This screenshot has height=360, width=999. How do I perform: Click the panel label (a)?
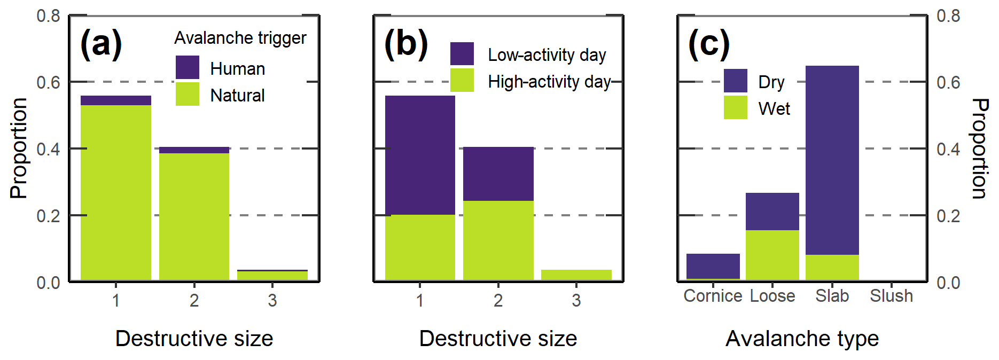101,43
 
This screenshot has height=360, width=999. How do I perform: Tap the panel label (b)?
406,43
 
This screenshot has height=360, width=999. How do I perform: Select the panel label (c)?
709,43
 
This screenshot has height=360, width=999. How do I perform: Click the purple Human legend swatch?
188,67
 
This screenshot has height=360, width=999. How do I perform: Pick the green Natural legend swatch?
188,94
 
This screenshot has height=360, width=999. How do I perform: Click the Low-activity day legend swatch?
462,53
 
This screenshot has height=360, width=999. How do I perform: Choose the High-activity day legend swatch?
462,80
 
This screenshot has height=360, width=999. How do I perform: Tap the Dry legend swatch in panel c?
736,81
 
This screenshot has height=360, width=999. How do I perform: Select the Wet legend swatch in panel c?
736,107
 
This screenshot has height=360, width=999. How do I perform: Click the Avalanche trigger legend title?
240,38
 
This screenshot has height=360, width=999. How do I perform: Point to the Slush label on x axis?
891,296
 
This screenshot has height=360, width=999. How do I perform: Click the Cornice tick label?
713,296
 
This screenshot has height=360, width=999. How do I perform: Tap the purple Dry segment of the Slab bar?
832,160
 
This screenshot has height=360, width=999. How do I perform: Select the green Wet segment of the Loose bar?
772,255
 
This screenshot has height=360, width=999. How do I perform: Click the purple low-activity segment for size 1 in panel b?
420,155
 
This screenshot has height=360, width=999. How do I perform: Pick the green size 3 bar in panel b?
576,275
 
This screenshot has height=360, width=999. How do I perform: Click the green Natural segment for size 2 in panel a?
194,216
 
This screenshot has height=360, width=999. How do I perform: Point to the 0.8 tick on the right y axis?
948,16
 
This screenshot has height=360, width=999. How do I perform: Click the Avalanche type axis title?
802,339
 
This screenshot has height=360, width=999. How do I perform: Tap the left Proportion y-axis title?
19,148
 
